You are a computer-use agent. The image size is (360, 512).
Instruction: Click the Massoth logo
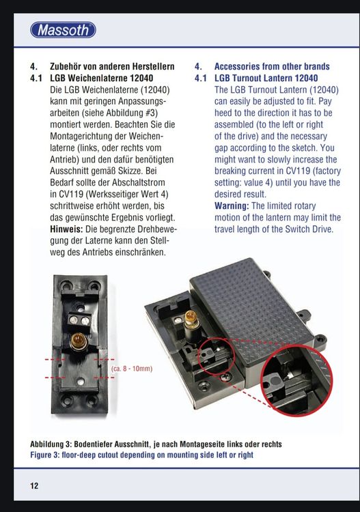pos(63,30)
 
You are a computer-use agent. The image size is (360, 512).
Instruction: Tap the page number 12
pos(34,486)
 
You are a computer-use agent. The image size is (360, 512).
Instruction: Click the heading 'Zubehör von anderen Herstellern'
pos(113,66)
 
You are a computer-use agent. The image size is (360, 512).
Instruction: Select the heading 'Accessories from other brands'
pos(272,66)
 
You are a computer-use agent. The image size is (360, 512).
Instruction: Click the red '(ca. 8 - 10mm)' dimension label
pos(131,369)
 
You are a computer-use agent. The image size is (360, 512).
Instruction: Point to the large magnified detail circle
pos(290,382)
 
